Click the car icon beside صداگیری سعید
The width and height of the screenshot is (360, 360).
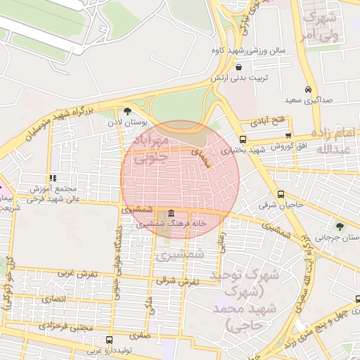pos(309,89)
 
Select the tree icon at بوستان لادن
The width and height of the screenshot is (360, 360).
pos(127,111)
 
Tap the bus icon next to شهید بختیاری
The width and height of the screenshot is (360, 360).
pos(243,139)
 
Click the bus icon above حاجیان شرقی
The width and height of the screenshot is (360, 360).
pos(281,194)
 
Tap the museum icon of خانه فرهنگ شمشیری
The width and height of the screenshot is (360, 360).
pos(172,212)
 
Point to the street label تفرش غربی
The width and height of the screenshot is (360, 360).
pos(75,271)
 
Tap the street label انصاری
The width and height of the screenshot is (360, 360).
pos(53,299)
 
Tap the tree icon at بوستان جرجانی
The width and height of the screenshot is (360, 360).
pos(340,226)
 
